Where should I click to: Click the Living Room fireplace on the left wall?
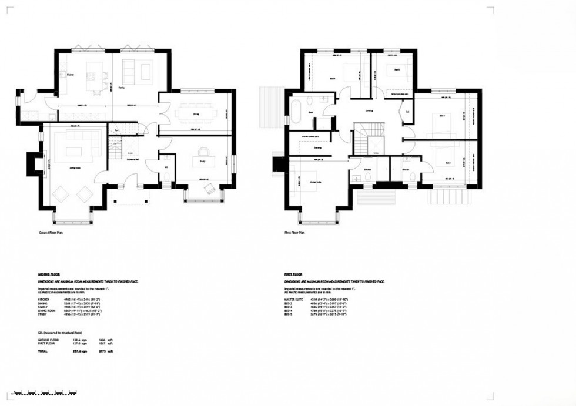pyautogui.click(x=38, y=163)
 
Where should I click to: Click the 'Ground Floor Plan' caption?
pyautogui.click(x=51, y=233)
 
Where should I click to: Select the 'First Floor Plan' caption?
pyautogui.click(x=296, y=233)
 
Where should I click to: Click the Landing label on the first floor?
pyautogui.click(x=369, y=110)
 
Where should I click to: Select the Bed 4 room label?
pyautogui.click(x=396, y=69)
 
